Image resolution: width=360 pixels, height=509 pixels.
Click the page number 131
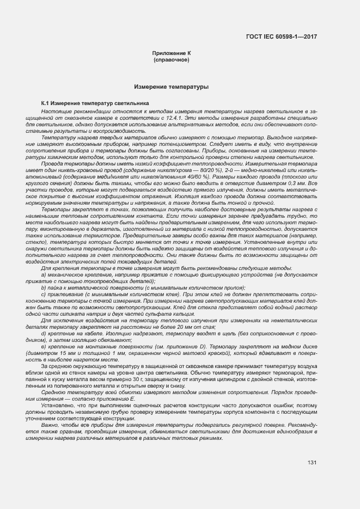tap(312, 463)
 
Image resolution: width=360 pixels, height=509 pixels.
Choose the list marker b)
tap(44, 286)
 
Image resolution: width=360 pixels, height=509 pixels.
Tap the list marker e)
tap(44, 346)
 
